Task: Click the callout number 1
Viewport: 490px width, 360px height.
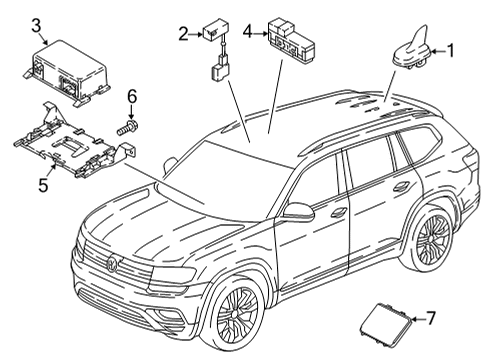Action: pos(450,51)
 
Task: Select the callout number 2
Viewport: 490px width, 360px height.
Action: pos(183,34)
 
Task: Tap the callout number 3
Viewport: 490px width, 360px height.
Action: pos(36,26)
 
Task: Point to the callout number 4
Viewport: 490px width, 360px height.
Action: pos(247,32)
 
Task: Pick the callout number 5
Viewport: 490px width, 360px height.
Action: pos(43,185)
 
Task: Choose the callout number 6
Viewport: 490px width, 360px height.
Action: pos(132,97)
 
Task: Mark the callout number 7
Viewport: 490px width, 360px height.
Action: pos(431,318)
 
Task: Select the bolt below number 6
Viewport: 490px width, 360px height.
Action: pos(128,128)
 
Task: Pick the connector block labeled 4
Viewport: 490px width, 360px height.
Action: pos(291,39)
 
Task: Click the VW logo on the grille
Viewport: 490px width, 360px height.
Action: pos(112,263)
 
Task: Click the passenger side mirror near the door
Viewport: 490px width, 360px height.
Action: pos(298,211)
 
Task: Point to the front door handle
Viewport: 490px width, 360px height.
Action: pos(338,211)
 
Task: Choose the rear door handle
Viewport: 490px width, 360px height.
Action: pos(401,187)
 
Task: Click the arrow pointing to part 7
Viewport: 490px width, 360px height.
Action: pos(418,319)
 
